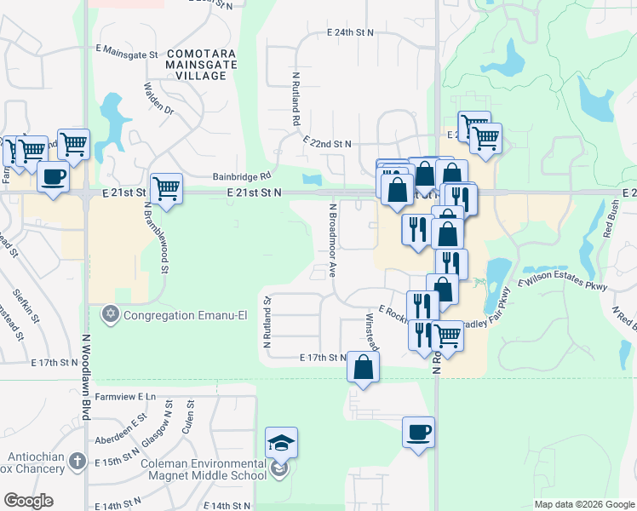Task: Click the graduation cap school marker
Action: pyautogui.click(x=281, y=443)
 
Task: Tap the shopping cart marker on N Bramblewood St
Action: pyautogui.click(x=166, y=188)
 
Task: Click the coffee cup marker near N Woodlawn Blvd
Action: pyautogui.click(x=54, y=178)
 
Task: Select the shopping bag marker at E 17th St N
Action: pyautogui.click(x=363, y=368)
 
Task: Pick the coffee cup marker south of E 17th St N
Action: pyautogui.click(x=417, y=433)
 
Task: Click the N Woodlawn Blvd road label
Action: pyautogui.click(x=86, y=375)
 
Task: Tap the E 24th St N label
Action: pyautogui.click(x=351, y=32)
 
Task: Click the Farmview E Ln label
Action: pyautogui.click(x=125, y=396)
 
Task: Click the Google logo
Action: pyautogui.click(x=28, y=501)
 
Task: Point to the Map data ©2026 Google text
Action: pyautogui.click(x=584, y=504)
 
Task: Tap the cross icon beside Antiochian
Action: pyautogui.click(x=77, y=462)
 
